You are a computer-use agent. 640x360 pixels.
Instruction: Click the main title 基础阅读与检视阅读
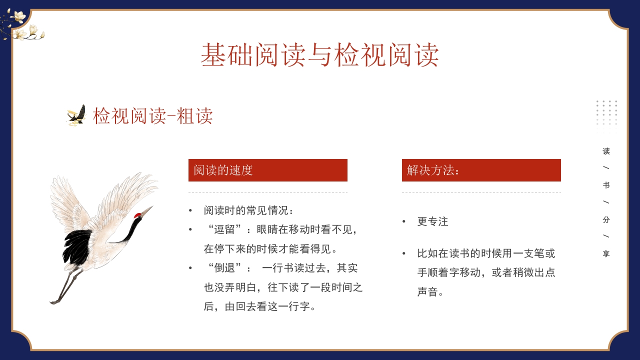click(320, 55)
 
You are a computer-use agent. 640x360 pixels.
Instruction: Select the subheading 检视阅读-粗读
click(152, 116)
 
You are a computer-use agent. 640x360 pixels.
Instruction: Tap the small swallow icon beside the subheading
click(76, 115)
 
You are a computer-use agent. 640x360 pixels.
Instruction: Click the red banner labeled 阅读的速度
click(267, 170)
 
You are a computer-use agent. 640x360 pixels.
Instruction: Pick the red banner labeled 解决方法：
click(481, 170)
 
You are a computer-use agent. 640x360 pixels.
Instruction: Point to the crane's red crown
click(137, 215)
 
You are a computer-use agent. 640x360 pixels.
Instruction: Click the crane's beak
click(147, 210)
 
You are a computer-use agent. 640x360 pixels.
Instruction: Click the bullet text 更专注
click(432, 221)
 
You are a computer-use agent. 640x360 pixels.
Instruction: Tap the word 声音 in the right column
click(427, 292)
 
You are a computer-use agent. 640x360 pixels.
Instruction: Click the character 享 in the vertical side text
click(606, 254)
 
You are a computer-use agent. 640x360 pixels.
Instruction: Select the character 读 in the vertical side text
click(606, 151)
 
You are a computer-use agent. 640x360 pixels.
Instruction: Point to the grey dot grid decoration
click(606, 112)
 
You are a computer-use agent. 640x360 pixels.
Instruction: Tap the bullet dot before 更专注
click(404, 221)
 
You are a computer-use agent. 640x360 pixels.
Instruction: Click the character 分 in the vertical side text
click(606, 219)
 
